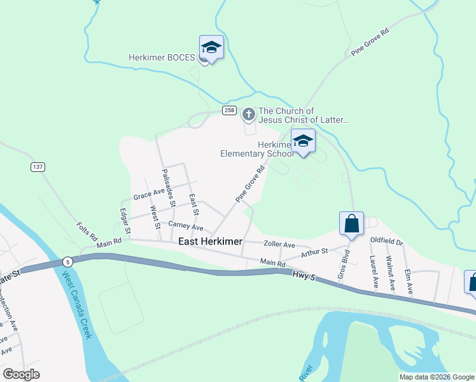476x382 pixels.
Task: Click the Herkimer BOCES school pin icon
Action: click(211, 48)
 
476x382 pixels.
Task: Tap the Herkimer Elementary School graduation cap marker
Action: click(303, 141)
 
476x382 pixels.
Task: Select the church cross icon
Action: click(248, 115)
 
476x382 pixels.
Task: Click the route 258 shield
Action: click(229, 111)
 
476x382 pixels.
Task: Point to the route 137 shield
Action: click(38, 167)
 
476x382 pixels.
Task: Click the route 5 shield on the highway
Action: click(67, 261)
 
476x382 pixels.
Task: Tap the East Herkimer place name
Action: click(210, 241)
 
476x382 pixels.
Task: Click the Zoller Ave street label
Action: click(280, 244)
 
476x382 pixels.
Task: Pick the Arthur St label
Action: click(314, 251)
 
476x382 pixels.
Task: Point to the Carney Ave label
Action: click(186, 226)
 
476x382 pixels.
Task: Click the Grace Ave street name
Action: click(149, 197)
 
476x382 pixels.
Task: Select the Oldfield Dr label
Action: click(387, 242)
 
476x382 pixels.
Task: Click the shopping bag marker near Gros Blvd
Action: click(351, 223)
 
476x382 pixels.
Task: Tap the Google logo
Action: click(22, 374)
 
